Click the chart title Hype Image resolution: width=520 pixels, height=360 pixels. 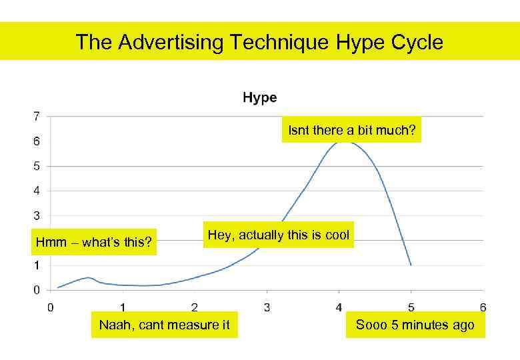[259, 98]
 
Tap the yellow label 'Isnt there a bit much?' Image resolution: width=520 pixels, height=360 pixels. [351, 130]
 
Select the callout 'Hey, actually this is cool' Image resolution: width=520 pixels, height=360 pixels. [278, 235]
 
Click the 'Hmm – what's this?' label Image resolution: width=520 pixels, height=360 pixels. [93, 242]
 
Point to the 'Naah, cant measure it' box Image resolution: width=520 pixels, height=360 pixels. [164, 325]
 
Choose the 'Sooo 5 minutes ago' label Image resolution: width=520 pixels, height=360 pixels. [415, 325]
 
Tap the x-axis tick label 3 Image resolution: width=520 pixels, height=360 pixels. [267, 307]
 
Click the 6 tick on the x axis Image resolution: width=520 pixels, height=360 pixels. [483, 307]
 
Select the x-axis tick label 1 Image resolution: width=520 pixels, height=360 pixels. [123, 307]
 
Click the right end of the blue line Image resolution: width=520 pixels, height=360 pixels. [411, 265]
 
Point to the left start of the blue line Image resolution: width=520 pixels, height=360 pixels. [58, 287]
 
